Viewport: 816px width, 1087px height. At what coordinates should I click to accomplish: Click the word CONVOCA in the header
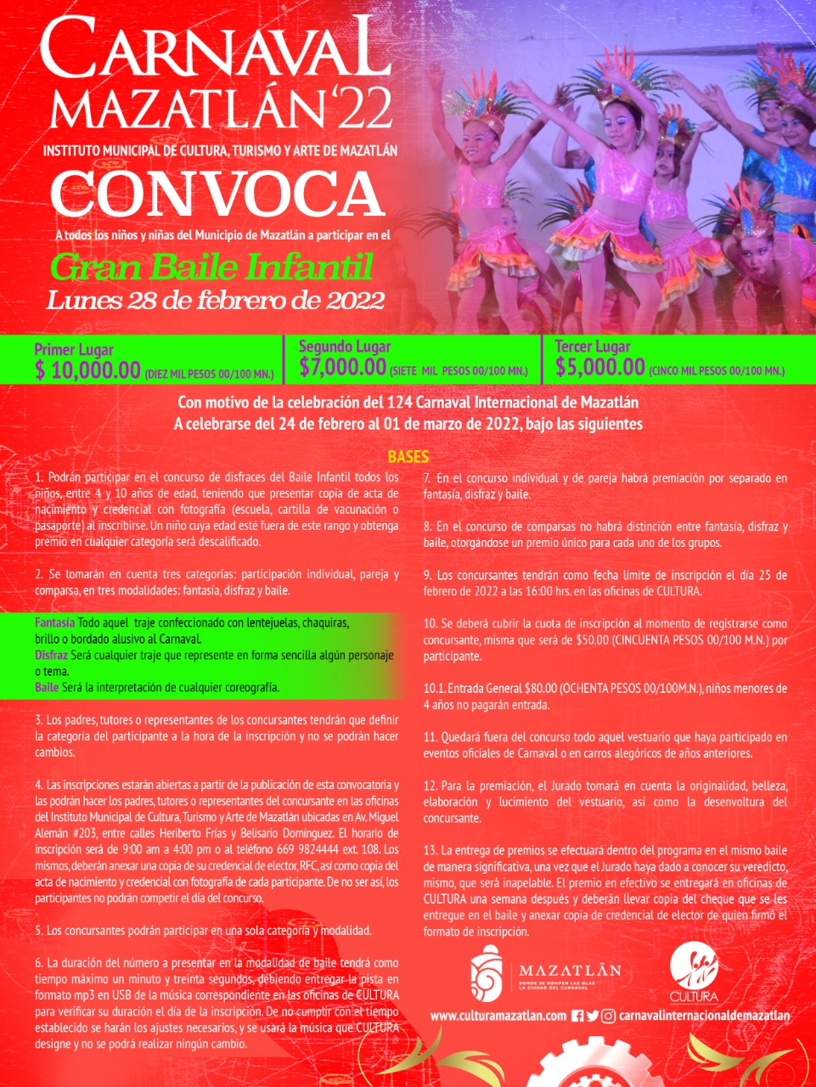[217, 194]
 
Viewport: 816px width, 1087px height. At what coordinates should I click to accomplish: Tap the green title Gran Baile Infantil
[211, 268]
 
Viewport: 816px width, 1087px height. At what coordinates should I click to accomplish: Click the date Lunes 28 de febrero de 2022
[215, 300]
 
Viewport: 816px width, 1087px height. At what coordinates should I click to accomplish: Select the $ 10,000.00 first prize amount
[87, 369]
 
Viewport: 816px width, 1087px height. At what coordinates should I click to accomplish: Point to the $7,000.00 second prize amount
[343, 367]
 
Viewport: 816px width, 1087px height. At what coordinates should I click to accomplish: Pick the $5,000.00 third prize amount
[600, 367]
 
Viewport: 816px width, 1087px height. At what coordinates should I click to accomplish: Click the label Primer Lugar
[74, 349]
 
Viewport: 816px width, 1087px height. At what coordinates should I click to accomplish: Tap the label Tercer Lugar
[593, 346]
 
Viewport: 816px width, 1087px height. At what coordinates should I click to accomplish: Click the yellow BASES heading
[408, 457]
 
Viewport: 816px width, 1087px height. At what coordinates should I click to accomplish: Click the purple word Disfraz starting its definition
[52, 655]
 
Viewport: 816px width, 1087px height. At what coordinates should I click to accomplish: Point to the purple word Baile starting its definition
[46, 687]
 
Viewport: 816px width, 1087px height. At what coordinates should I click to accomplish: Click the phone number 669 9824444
[307, 849]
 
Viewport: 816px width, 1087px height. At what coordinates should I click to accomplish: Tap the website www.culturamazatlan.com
[498, 1016]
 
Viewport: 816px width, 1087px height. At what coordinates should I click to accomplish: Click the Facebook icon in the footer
[577, 1016]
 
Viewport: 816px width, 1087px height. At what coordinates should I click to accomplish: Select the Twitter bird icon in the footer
[592, 1016]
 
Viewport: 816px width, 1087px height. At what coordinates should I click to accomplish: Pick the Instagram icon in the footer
[608, 1016]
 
